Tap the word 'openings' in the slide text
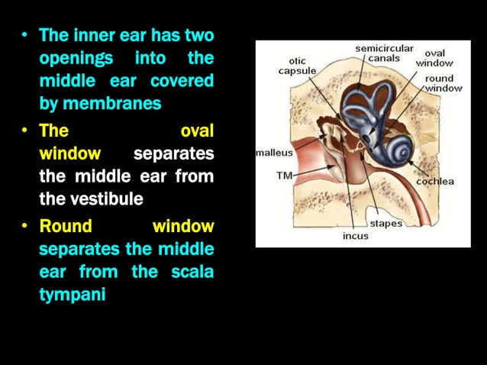click(76, 58)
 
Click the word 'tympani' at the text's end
click(72, 295)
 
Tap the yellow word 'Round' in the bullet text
click(66, 226)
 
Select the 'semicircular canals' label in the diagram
click(383, 53)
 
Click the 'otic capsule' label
click(297, 65)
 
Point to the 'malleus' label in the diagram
click(274, 153)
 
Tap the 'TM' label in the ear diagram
click(284, 175)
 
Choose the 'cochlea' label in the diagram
click(435, 181)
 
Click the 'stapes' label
click(386, 224)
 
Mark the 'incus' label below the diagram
click(355, 236)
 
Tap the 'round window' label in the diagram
click(443, 83)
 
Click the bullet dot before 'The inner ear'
click(25, 36)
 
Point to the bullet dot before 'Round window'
click(25, 227)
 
